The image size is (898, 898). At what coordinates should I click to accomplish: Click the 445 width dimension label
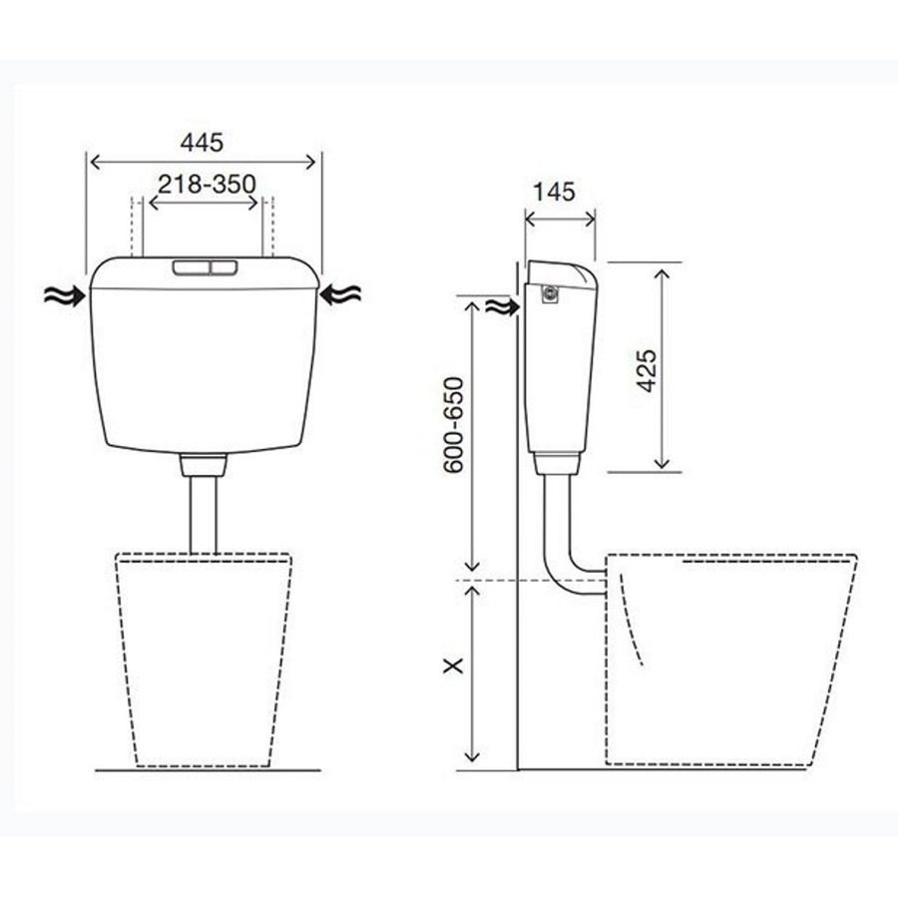(202, 142)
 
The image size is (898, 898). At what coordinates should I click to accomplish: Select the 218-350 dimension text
(207, 185)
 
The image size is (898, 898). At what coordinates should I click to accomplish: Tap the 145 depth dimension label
(554, 192)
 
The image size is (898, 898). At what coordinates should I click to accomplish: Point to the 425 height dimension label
(648, 370)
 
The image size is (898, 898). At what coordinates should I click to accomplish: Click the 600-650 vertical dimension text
(453, 424)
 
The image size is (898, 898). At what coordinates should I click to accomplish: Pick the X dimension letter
(453, 666)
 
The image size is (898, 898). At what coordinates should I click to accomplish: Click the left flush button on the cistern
(192, 267)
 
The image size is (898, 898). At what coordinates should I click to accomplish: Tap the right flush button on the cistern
(224, 267)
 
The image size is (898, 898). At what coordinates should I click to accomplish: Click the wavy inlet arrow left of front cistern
(65, 295)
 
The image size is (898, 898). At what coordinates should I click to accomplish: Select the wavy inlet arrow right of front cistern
(340, 295)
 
